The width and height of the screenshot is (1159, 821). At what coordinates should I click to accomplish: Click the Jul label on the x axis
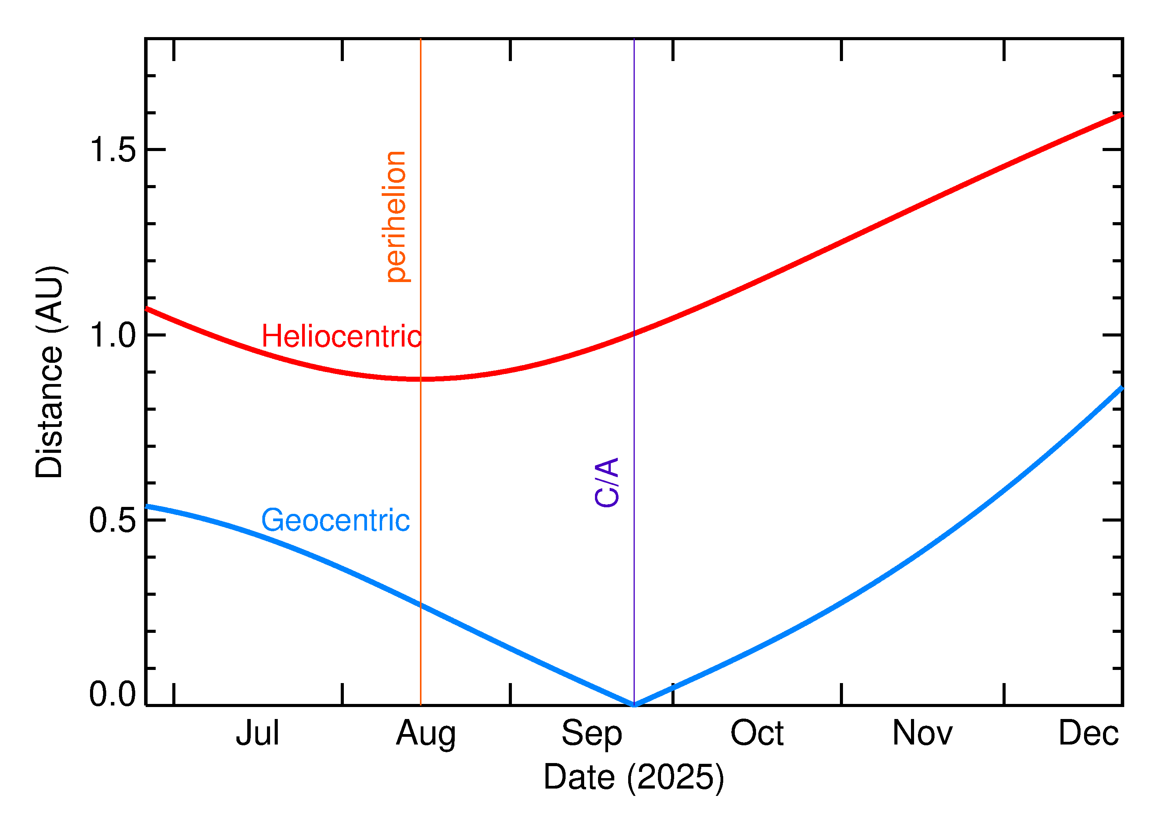pos(257,734)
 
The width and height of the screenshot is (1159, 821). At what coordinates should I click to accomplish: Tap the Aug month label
pos(426,734)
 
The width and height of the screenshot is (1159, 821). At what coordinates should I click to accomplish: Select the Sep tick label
pos(591,734)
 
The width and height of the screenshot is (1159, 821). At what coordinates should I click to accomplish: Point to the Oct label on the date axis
pos(757,734)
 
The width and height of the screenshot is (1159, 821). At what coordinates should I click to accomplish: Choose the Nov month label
pos(923,734)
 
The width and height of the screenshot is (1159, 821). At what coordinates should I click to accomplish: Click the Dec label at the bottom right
pos(1088,734)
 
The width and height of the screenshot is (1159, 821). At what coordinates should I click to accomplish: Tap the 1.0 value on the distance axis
pos(113,335)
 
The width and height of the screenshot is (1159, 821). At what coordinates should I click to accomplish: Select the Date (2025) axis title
pos(633,777)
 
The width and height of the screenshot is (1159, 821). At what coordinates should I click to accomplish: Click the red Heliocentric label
pos(341,337)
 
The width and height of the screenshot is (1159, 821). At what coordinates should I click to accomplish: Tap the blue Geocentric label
pos(335,521)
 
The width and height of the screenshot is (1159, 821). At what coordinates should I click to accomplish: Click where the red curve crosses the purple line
pos(634,333)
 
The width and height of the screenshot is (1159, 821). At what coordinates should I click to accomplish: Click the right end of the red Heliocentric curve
pos(1121,115)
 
